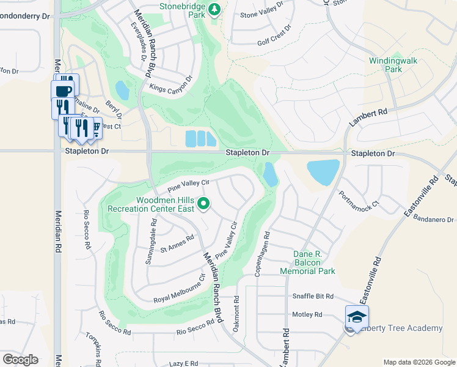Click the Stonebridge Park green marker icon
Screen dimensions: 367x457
coord(214,9)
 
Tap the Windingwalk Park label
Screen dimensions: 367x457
coord(386,65)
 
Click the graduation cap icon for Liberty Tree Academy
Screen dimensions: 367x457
coord(357,316)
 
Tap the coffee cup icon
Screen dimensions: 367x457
coord(63,90)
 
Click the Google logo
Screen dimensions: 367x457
coord(20,360)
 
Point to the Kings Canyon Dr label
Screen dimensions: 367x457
coord(170,84)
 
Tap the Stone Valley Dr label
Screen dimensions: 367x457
coord(262,13)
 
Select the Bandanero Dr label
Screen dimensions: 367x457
coord(434,218)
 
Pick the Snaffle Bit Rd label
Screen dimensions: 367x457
coord(313,296)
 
